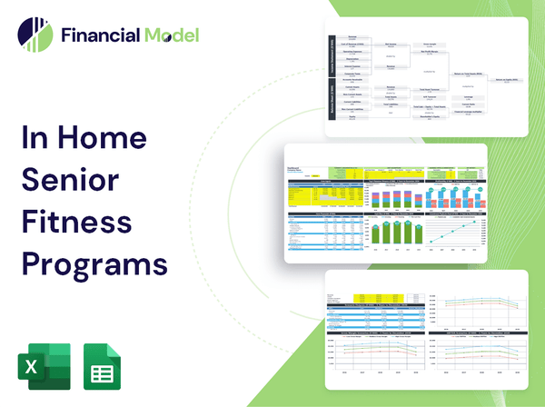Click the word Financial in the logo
click(x=99, y=35)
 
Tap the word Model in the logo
click(x=169, y=35)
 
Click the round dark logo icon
click(x=34, y=35)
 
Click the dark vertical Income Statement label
click(x=332, y=60)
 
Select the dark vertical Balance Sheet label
click(x=332, y=105)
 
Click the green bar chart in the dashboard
click(x=394, y=233)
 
